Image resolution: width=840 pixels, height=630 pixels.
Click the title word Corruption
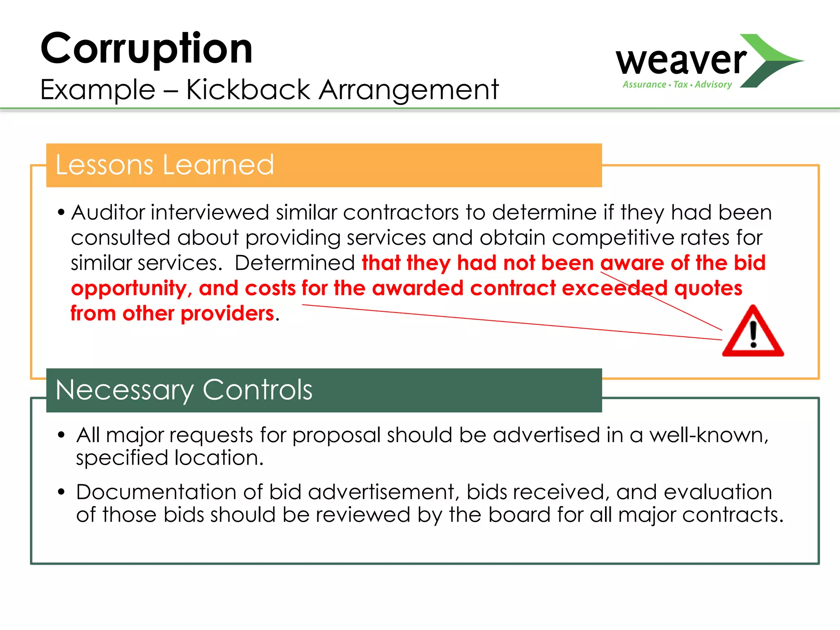[146, 49]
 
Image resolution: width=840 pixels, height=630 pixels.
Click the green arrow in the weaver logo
[771, 61]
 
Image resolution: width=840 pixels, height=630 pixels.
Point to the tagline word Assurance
[644, 84]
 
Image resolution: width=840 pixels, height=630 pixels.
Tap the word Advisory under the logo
[713, 84]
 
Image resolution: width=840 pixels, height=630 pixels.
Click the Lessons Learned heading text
[164, 165]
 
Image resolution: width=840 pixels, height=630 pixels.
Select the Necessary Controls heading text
[184, 390]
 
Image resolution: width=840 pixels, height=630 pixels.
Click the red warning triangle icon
[753, 333]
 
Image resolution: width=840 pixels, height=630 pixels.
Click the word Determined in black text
[294, 263]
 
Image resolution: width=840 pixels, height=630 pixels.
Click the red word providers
[227, 314]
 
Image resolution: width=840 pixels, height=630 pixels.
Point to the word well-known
[708, 435]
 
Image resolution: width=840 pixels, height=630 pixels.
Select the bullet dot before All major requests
[62, 435]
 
